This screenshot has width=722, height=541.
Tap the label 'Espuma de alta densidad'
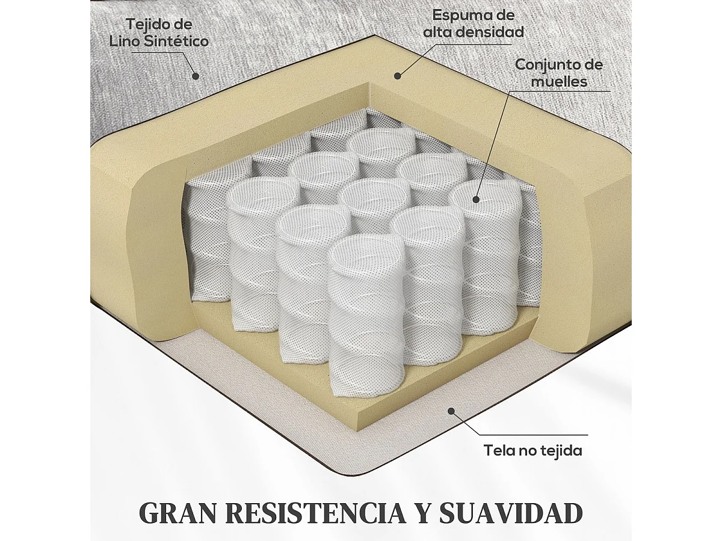474,23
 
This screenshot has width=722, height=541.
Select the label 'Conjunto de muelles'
559,73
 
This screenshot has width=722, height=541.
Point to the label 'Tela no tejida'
533,450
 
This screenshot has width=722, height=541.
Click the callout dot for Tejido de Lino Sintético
195,76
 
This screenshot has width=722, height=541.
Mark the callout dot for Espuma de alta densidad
397,75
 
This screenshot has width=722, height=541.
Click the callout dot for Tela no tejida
451,411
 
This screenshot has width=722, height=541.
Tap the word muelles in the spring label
560,81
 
